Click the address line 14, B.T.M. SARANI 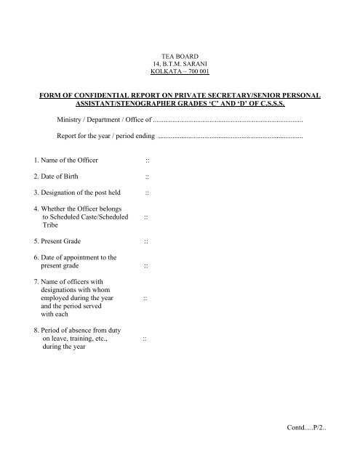[180, 64]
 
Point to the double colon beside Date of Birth [147, 177]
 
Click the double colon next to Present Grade [147, 241]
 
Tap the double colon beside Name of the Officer [147, 160]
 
